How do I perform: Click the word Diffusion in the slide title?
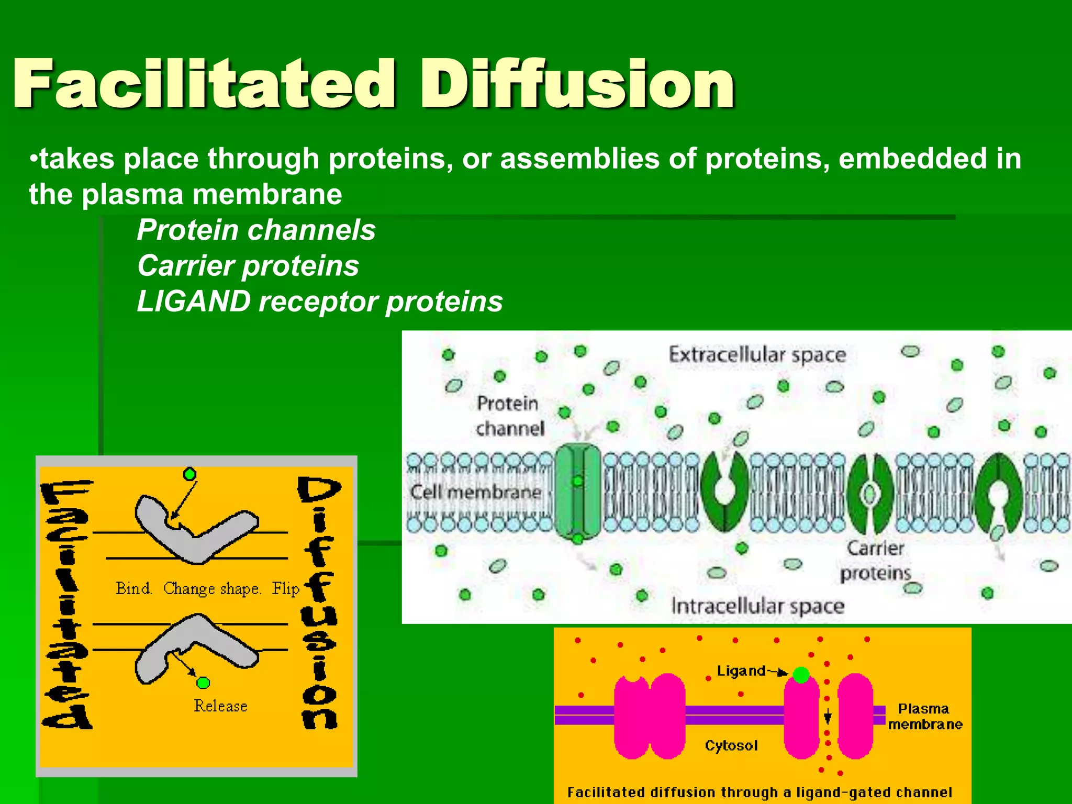(x=578, y=84)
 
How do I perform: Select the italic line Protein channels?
(x=256, y=230)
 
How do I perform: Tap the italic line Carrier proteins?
(x=248, y=265)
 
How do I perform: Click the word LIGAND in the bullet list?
(x=194, y=301)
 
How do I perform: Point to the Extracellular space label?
(x=757, y=355)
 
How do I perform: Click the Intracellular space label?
(x=757, y=606)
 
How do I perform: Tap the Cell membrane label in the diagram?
(x=475, y=492)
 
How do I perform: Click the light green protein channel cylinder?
(x=577, y=492)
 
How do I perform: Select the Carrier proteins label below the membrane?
(x=875, y=561)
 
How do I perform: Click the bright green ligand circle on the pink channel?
(x=801, y=675)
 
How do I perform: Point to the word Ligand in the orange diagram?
(x=741, y=671)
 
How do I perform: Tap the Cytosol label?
(x=731, y=745)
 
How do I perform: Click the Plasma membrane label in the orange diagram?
(x=924, y=717)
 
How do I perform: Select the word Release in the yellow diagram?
(x=220, y=706)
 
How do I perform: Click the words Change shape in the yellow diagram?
(x=212, y=588)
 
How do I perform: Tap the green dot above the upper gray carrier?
(x=189, y=474)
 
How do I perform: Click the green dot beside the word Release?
(x=203, y=683)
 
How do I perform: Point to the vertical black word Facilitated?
(x=67, y=605)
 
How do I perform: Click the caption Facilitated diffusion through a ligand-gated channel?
(x=759, y=792)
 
